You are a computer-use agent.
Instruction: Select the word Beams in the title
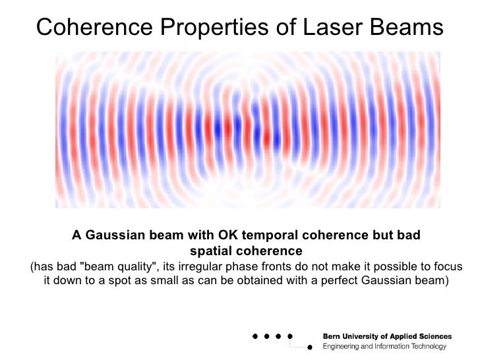(x=407, y=28)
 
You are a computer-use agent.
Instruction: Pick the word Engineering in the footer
(x=342, y=346)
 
